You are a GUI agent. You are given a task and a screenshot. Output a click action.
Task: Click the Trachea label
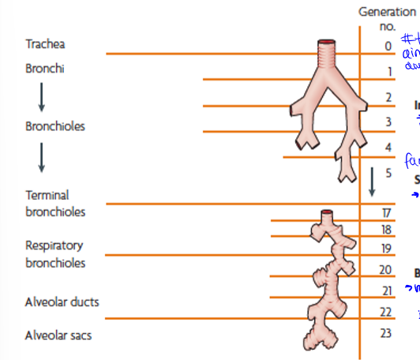46,43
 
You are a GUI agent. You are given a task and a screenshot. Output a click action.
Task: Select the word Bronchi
44,69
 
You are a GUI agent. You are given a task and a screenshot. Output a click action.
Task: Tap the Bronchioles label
54,126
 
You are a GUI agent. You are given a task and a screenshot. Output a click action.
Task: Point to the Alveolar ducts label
62,302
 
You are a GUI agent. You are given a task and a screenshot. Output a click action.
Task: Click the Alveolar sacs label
58,336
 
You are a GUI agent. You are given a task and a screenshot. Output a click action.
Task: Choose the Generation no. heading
387,19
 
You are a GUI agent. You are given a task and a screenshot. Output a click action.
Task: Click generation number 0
388,47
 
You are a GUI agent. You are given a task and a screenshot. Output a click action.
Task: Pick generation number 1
388,72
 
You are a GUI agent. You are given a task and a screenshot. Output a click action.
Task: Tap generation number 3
388,122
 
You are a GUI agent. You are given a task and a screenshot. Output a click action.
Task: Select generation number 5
388,172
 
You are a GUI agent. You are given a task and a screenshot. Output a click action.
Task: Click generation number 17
387,212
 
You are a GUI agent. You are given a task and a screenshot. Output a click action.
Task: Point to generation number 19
387,249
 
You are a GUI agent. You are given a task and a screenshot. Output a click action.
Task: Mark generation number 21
387,291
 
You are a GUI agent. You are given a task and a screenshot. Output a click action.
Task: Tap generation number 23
387,332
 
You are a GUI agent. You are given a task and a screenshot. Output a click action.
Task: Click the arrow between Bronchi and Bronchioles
42,97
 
